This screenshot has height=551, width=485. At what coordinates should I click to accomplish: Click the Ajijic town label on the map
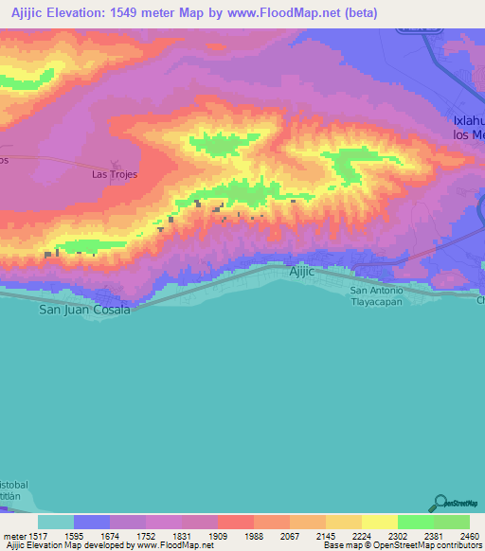[301, 272]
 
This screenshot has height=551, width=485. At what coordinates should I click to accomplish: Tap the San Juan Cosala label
[84, 310]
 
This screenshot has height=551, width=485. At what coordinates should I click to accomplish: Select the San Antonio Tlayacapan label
[377, 295]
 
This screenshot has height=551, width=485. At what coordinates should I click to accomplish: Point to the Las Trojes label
[115, 174]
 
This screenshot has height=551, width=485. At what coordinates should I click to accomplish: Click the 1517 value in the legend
[38, 535]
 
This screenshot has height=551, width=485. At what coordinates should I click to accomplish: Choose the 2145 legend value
[326, 535]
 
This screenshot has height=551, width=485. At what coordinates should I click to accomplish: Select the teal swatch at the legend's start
[56, 522]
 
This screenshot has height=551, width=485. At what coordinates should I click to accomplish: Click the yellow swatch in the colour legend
[379, 522]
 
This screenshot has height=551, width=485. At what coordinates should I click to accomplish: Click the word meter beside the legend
[13, 535]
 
